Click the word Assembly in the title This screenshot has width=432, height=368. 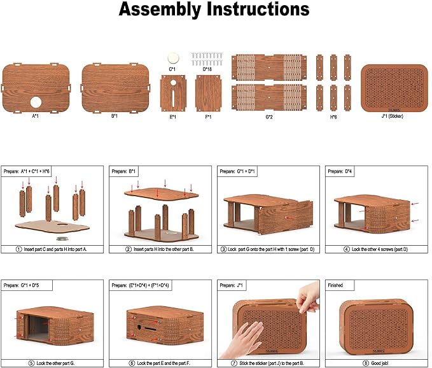[161, 10]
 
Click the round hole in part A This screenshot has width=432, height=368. [36, 103]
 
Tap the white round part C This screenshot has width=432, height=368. [173, 58]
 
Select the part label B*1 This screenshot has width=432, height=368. [115, 116]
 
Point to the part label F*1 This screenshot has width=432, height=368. [208, 117]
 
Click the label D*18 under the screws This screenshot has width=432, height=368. [207, 69]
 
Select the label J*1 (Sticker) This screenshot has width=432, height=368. [392, 116]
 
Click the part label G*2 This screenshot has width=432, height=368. [269, 117]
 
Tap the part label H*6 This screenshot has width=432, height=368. [333, 117]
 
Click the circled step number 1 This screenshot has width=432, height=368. [18, 249]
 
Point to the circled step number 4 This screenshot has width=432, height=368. [347, 249]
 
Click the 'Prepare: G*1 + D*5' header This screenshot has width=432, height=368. [21, 285]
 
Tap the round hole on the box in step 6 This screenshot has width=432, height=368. [139, 327]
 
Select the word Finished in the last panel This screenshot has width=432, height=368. [335, 285]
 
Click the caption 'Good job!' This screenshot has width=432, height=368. [380, 364]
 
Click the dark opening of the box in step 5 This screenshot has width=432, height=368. [39, 328]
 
